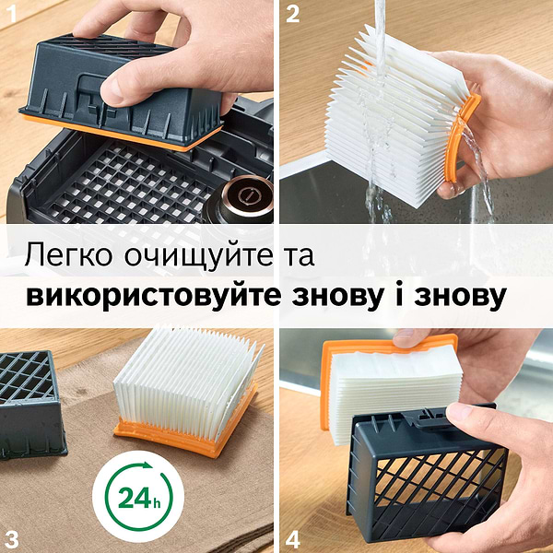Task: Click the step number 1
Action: pyautogui.click(x=12, y=13)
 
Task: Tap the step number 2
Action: pyautogui.click(x=292, y=13)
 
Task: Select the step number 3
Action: pyautogui.click(x=12, y=536)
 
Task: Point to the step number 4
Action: pyautogui.click(x=292, y=536)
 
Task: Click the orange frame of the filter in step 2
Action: pyautogui.click(x=461, y=138)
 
